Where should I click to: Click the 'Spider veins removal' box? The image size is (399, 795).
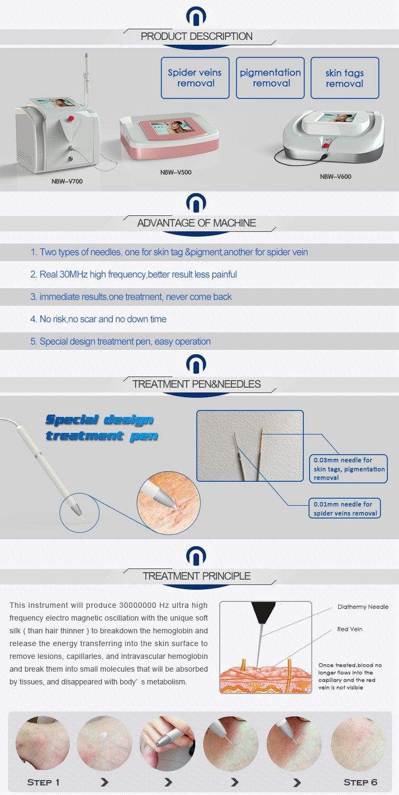pos(195,78)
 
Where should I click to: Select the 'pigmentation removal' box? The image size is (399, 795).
pos(270,78)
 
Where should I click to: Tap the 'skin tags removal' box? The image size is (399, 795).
pos(345,78)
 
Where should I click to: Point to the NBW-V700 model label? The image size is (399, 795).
pos(67,181)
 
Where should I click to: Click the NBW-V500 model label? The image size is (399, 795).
pos(176,172)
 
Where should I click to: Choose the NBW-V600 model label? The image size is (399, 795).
pos(336,177)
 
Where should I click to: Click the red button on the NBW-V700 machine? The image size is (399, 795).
pos(71,118)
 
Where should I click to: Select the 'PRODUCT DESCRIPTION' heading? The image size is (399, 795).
pos(197,36)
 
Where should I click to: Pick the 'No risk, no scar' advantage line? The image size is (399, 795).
pos(98,319)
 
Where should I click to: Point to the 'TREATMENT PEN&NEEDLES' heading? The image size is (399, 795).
pos(197,384)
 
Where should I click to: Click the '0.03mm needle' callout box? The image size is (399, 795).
pos(348,468)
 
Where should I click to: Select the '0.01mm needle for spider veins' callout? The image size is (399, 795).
pos(345,508)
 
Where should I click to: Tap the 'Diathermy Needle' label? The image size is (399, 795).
pos(363,607)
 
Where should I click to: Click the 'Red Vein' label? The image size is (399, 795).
pos(350,629)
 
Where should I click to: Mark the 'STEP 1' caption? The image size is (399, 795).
pos(43,782)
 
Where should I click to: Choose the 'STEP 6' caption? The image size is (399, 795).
pos(360,782)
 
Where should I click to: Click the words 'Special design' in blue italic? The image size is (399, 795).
pos(99,420)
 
